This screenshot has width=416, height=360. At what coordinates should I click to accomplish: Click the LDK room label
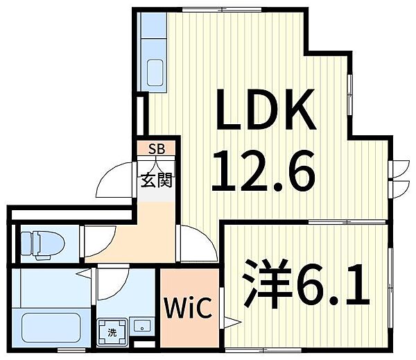266,109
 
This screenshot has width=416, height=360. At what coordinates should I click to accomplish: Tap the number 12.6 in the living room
263,171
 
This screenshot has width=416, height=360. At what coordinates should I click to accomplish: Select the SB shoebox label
157,149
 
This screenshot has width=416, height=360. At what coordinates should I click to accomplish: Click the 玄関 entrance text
157,180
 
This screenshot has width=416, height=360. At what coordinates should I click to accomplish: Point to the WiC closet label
188,307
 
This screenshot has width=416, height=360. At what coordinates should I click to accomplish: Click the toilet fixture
42,244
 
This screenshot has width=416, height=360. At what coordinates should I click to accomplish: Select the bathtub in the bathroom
51,328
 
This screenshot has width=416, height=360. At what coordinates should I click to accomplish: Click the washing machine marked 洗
112,333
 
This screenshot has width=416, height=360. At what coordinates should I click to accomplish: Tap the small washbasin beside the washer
141,326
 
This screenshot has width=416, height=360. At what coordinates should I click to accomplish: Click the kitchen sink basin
155,72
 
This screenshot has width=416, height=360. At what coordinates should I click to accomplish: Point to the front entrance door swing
114,180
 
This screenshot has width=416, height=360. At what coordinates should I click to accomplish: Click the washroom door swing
113,284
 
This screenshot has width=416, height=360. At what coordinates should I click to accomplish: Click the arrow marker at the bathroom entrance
84,273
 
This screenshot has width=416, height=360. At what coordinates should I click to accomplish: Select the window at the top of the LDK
222,10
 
